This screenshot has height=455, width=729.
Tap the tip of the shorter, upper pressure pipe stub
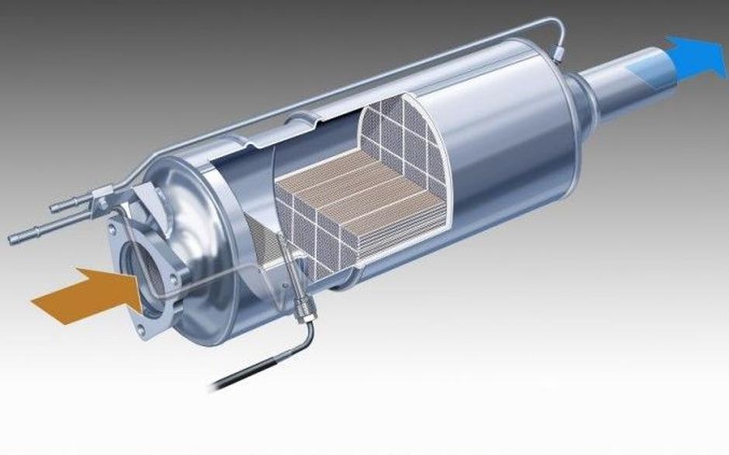pyautogui.click(x=56, y=208)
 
